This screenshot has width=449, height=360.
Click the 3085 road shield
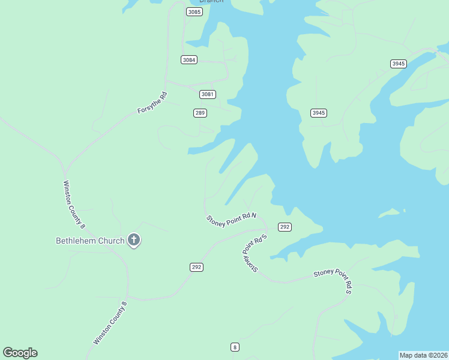[x=194, y=12]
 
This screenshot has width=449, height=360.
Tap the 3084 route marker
[x=189, y=59]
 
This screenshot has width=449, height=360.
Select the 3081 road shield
[x=208, y=94]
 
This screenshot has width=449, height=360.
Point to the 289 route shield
[x=200, y=113]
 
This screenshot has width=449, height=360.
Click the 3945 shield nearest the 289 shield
[x=319, y=113]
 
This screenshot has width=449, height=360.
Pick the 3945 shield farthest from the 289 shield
[x=398, y=64]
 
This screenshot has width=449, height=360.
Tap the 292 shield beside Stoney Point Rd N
[x=285, y=227]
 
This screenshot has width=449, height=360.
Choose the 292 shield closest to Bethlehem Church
[x=196, y=267]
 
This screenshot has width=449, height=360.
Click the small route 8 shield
[x=235, y=347]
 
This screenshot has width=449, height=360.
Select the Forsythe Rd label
[x=152, y=103]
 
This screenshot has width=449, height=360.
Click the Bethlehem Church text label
[x=90, y=241]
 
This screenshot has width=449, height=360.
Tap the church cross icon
[x=133, y=241]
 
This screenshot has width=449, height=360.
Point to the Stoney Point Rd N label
[x=231, y=220]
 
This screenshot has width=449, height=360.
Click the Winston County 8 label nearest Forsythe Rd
[x=74, y=205]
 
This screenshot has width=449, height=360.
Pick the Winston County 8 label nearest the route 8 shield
[x=111, y=322]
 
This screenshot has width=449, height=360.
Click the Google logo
[x=20, y=353]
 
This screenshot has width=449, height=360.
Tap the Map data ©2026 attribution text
[x=423, y=355]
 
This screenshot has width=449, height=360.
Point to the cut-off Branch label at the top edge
[x=211, y=2]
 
